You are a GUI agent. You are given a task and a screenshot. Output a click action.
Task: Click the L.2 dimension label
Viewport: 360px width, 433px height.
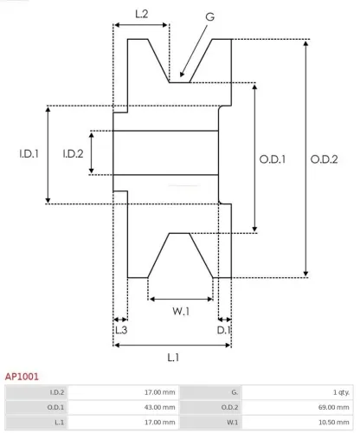[142, 13]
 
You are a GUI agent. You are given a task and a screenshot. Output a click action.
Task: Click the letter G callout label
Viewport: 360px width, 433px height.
[210, 17]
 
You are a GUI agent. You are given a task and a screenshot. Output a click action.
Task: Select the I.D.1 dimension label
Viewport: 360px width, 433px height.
[29, 154]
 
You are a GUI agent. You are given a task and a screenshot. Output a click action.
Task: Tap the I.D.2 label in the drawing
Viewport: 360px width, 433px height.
[73, 154]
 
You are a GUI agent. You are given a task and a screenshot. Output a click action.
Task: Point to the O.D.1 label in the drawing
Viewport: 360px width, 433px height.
[273, 158]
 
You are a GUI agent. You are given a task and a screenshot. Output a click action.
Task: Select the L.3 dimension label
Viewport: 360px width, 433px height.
[121, 330]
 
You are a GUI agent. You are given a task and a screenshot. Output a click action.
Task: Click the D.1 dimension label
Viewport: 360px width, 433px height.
[224, 330]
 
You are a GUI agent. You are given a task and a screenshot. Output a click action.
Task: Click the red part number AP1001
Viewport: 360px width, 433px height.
[22, 378]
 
